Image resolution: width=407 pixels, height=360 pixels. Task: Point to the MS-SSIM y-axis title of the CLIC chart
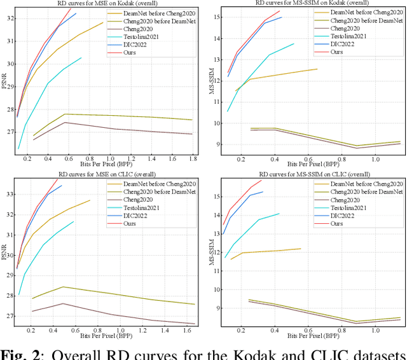point(212,252)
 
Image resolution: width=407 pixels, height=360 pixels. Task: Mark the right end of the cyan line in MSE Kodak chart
point(81,57)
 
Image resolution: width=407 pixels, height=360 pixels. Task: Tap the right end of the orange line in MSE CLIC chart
point(90,200)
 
